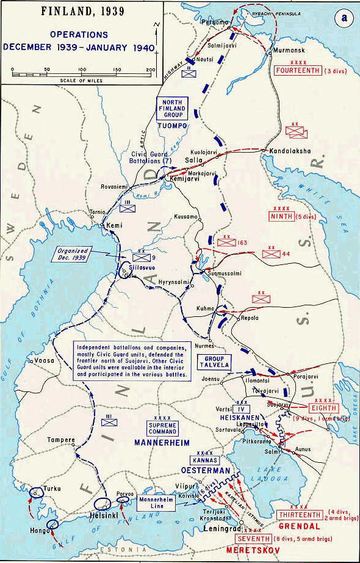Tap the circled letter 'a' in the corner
point(344,18)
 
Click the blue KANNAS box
point(204,460)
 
